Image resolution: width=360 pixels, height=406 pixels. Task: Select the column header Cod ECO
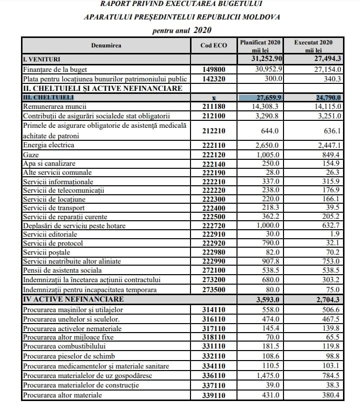[213, 45]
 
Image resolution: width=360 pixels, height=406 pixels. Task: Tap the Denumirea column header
[106, 45]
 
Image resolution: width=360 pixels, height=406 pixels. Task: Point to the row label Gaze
[31, 154]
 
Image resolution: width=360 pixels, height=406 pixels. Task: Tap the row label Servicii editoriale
[51, 234]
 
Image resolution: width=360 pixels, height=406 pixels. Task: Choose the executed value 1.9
[336, 234]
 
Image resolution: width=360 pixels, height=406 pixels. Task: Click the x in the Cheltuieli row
[213, 97]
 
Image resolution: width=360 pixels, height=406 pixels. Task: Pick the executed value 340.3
[332, 78]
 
